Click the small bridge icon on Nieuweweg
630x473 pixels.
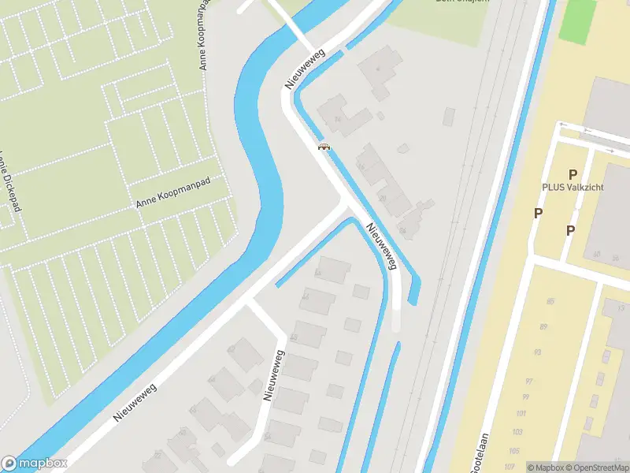[x=323, y=146]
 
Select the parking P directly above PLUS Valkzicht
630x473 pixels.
[x=573, y=174]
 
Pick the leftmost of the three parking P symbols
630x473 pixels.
[x=539, y=213]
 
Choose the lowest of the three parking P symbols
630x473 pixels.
[x=570, y=230]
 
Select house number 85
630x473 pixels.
[x=550, y=301]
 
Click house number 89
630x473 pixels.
[x=543, y=326]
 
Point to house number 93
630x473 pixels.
[x=538, y=352]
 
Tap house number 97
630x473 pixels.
[x=529, y=382]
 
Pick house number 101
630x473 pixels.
[x=521, y=413]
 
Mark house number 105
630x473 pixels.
[x=516, y=450]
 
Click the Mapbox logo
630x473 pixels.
[x=34, y=464]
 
